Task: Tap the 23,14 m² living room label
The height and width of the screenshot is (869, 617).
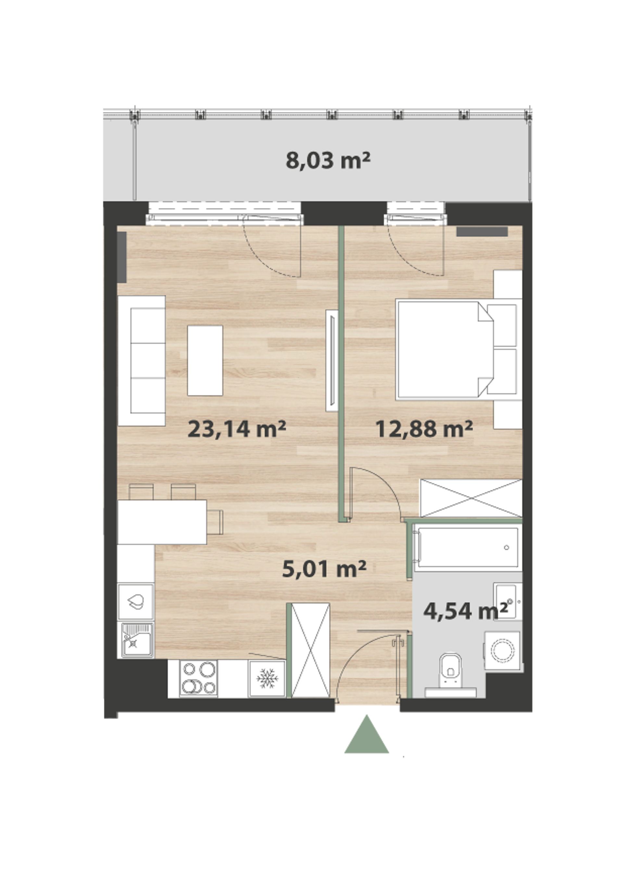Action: [x=237, y=429]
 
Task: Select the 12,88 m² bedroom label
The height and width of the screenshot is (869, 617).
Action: [x=424, y=428]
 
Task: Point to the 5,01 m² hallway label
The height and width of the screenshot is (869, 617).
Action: [x=324, y=569]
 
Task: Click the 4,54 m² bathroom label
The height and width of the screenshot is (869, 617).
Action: [x=465, y=611]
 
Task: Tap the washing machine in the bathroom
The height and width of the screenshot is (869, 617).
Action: [x=503, y=650]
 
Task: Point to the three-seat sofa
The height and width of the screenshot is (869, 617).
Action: [x=142, y=360]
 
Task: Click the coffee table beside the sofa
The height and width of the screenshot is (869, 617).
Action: [x=205, y=360]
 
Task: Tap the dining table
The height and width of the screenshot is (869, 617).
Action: [x=162, y=522]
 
